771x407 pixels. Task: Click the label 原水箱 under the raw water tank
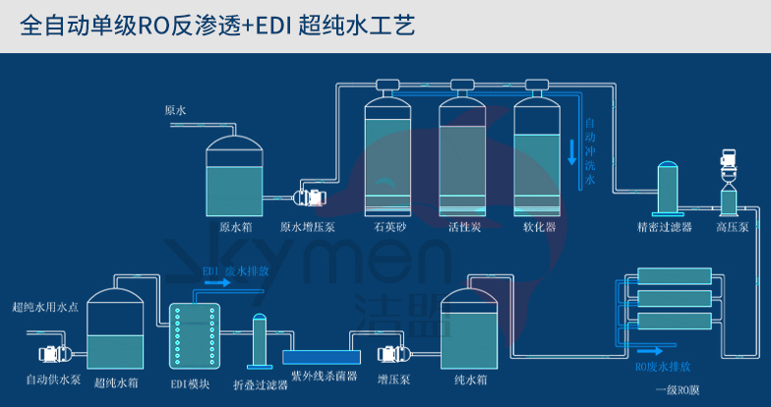(235, 226)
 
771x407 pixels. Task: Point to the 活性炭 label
(462, 226)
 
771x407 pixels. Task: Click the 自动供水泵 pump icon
(49, 351)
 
